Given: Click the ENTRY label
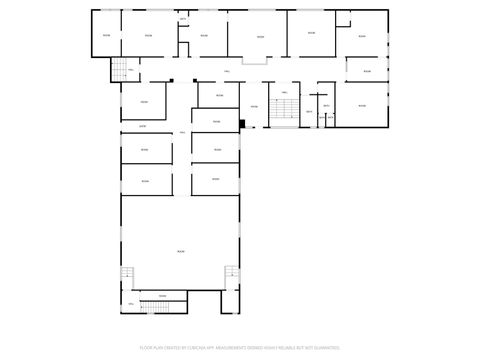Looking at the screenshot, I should [x=143, y=126].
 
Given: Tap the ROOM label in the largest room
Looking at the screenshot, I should [x=181, y=250].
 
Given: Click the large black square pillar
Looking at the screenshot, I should [x=242, y=124].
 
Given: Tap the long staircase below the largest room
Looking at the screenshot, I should [x=156, y=304].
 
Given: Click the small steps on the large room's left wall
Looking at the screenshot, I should [x=127, y=274].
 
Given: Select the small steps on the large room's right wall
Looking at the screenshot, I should [x=231, y=273].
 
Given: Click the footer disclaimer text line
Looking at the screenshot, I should [x=240, y=347].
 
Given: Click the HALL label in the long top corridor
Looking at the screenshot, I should [x=228, y=71].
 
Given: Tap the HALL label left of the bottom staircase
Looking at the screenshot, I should [x=131, y=302].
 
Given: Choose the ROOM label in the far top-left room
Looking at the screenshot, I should [x=107, y=37].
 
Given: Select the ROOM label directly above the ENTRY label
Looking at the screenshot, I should [x=144, y=102].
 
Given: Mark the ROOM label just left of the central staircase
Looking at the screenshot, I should [x=254, y=106].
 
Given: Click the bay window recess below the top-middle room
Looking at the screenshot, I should [x=256, y=61].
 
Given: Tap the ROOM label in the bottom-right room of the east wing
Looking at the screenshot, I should [x=362, y=105].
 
